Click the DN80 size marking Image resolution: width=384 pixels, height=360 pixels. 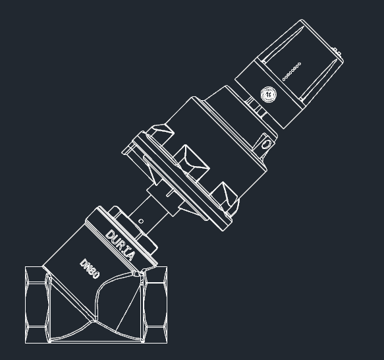point(90,268)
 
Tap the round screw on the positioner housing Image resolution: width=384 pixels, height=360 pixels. point(268,94)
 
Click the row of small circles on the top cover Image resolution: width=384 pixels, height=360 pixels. point(291,71)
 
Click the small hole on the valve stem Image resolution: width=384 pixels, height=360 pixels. point(141,220)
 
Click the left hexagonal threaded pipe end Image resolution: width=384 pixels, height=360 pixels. point(37,305)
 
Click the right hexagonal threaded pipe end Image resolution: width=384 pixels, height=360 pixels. point(155,305)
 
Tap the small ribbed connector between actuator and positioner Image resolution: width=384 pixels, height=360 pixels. point(254,105)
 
